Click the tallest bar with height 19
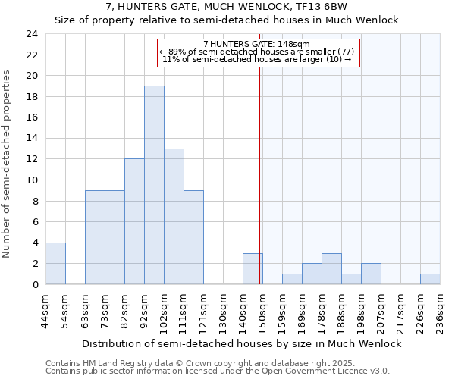coord(154,185)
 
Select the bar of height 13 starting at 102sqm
coord(174,216)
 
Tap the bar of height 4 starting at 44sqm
coord(55,263)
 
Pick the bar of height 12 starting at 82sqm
coord(134,221)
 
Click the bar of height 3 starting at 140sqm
coord(253,268)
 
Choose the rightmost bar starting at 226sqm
coord(430,279)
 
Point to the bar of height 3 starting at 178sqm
coord(331,268)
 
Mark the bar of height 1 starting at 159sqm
coord(292,279)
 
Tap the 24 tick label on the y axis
coord(31,34)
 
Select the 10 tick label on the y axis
coord(31,180)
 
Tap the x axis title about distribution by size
coord(241,343)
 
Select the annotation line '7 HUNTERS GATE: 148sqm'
coord(257,44)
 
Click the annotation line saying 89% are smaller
coord(257,51)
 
